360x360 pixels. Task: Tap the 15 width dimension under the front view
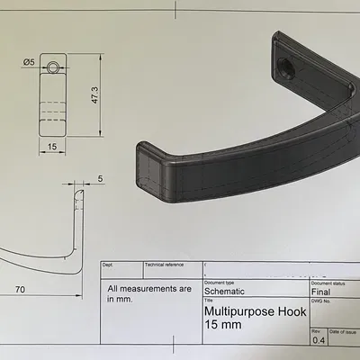click(x=52, y=146)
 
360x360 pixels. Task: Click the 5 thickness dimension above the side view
click(x=100, y=178)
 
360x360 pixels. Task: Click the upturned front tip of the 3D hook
click(x=148, y=166)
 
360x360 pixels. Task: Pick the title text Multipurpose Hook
click(x=256, y=311)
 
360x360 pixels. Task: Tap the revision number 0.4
click(x=318, y=341)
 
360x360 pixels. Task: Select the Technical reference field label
click(x=166, y=265)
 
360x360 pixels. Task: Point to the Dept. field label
click(x=109, y=265)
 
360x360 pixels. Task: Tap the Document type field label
click(x=220, y=283)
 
